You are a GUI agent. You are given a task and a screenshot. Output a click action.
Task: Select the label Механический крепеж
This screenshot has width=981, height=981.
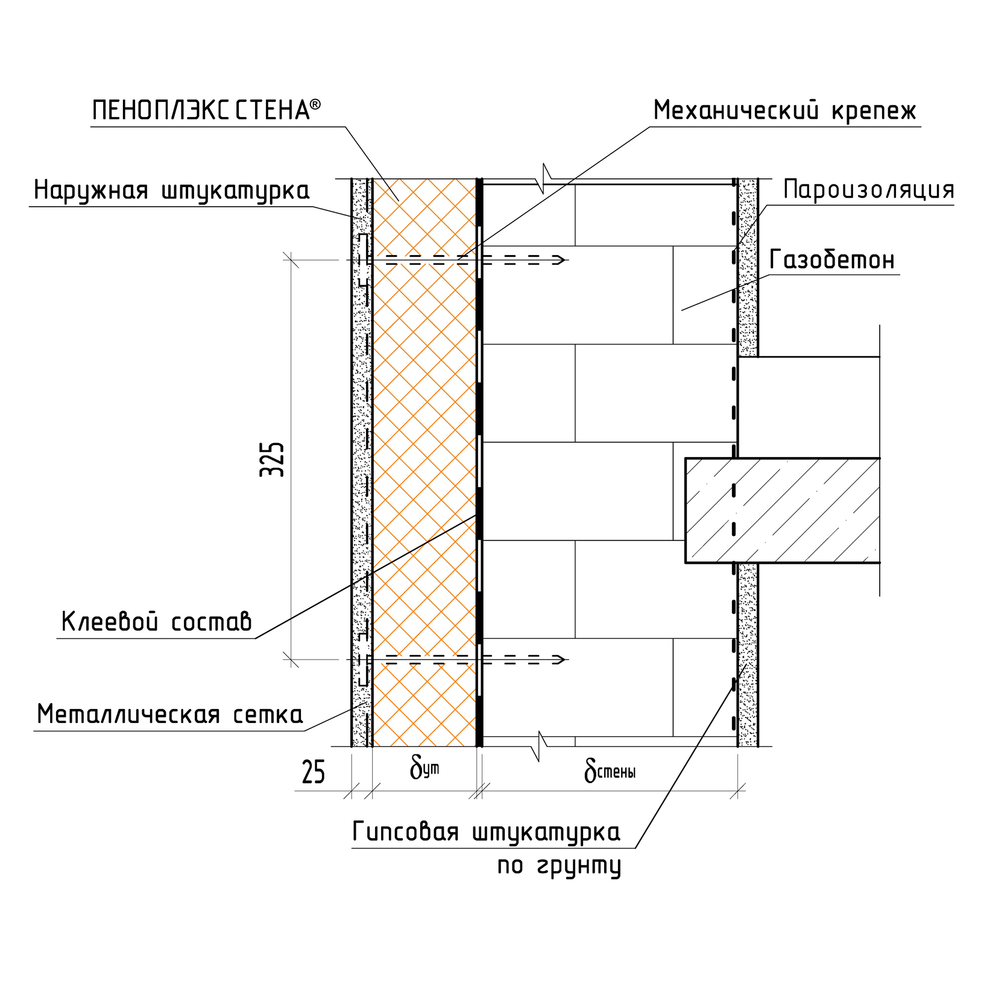[784, 111]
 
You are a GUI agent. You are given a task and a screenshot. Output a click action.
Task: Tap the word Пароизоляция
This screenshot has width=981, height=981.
[868, 190]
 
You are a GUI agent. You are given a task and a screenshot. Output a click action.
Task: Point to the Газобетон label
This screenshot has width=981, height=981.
[832, 260]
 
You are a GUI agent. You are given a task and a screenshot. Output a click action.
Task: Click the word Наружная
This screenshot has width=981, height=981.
[90, 190]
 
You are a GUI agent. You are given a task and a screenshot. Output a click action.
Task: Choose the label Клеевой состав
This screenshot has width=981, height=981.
[157, 622]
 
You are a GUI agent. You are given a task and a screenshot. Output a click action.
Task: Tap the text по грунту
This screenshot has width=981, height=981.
[559, 866]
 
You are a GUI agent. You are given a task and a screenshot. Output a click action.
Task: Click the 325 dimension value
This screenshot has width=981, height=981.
[272, 459]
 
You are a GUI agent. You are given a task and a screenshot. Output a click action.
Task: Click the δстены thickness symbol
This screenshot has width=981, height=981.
[610, 771]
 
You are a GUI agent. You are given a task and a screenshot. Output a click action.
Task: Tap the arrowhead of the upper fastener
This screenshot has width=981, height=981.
[560, 260]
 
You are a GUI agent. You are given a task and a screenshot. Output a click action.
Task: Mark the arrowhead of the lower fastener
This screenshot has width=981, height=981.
[560, 660]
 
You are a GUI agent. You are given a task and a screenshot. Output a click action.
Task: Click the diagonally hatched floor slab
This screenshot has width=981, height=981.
[782, 510]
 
